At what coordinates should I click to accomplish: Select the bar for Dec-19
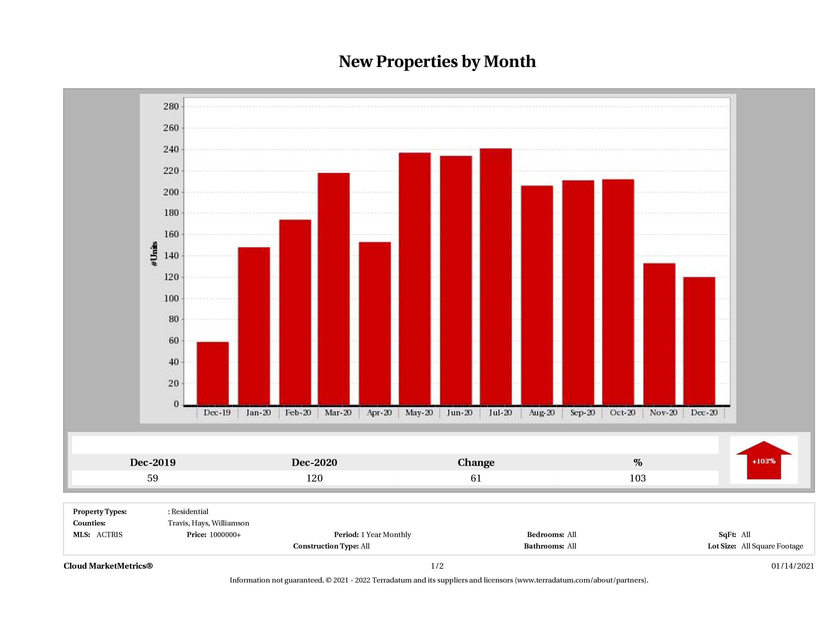click(x=213, y=373)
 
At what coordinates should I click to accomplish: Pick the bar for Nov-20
click(x=659, y=334)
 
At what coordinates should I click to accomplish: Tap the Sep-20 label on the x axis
click(x=582, y=413)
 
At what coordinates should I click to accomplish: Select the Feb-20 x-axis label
click(x=298, y=413)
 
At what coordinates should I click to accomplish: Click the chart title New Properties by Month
click(x=437, y=62)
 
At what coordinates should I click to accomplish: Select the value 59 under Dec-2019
click(x=153, y=478)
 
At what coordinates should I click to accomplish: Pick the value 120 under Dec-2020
click(x=314, y=478)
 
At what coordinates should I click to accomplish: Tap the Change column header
click(x=476, y=463)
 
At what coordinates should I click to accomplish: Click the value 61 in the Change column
click(x=476, y=478)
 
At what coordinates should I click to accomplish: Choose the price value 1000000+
click(x=225, y=535)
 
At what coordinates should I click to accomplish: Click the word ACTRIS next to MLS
click(x=109, y=535)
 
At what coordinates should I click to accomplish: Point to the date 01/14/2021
click(x=793, y=566)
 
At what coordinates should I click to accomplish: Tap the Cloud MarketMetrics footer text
click(x=108, y=566)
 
